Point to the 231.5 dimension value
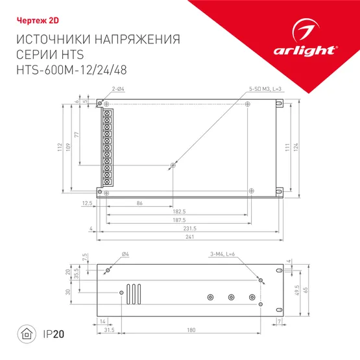(x=189, y=228)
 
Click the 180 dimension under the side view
(x=191, y=330)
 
